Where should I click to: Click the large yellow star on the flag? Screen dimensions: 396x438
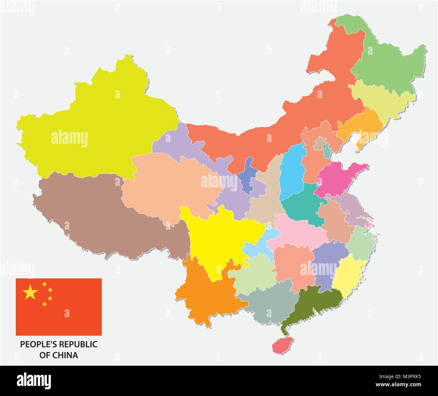[x=30, y=292]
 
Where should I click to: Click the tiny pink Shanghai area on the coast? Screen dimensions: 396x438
[x=369, y=224]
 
